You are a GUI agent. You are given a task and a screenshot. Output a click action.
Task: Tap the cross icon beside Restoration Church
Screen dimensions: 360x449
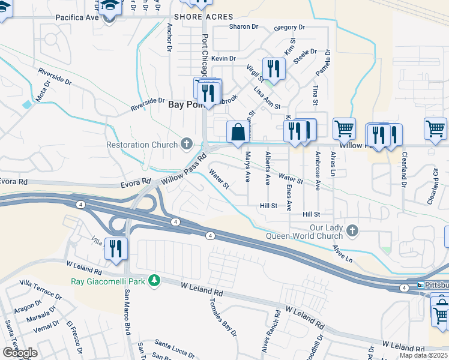(187, 144)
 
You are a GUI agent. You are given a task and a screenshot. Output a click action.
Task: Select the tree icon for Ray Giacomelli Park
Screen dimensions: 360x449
(155, 280)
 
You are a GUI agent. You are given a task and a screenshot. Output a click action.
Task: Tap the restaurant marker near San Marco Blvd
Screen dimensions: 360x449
(115, 248)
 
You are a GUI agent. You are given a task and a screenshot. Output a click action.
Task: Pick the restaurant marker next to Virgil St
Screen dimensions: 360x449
(273, 68)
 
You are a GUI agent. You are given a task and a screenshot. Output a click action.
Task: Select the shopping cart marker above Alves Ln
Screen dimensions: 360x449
(344, 128)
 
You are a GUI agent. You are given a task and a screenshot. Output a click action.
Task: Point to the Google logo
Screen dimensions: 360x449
(19, 353)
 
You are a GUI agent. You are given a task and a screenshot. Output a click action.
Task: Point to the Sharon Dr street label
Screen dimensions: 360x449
(243, 27)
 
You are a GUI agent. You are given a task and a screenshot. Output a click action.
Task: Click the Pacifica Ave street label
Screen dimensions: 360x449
(77, 18)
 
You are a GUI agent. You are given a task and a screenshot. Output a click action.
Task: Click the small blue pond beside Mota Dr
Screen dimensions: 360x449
(27, 104)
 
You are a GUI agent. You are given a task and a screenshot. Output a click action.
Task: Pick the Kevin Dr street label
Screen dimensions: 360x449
(224, 58)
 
